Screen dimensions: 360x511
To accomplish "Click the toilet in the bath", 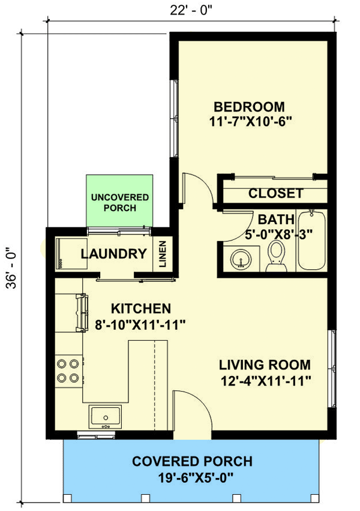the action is [277, 256].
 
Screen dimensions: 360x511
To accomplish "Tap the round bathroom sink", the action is [241, 260].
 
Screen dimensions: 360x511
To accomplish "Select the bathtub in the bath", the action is [312, 241].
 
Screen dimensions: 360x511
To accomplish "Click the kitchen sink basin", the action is [106, 416].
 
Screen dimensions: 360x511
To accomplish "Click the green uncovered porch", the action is [119, 200].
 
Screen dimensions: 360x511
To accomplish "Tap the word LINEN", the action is [163, 254].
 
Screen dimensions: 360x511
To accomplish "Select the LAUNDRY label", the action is [114, 254].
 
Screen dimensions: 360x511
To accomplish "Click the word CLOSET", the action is [276, 193].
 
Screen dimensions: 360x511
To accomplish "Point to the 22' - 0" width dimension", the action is [191, 10].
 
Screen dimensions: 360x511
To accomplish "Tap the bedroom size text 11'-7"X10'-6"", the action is [250, 122].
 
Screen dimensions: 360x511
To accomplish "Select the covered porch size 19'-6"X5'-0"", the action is [196, 478].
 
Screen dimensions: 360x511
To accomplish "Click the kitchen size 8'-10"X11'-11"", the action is [140, 324].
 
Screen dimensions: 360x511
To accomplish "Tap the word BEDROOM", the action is [249, 107].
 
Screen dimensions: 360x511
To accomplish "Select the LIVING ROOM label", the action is [265, 365].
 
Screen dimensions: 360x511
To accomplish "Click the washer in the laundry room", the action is [71, 254].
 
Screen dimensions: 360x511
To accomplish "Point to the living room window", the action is [332, 368].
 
